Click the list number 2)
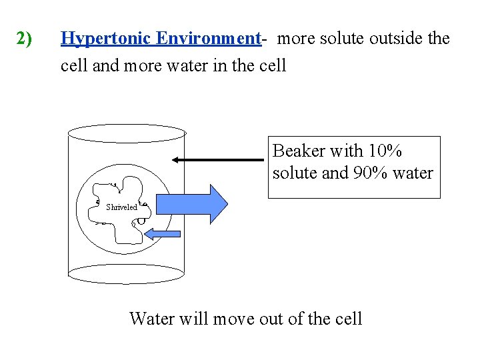coord(24,39)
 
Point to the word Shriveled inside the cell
coord(121,207)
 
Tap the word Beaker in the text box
coord(299,151)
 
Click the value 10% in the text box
coord(383,151)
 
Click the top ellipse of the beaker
coord(127,133)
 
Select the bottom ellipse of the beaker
coord(126,273)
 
